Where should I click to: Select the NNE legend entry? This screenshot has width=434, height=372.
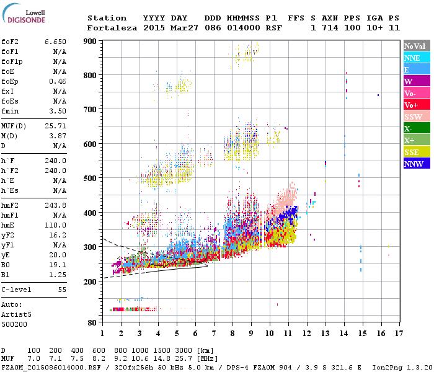point(416,58)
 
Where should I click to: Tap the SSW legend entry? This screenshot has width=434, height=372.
point(416,117)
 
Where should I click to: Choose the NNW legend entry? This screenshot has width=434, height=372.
point(416,164)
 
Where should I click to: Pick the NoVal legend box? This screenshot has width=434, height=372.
point(416,46)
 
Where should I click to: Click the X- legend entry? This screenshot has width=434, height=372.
point(416,128)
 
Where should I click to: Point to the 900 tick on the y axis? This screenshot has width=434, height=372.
point(90,42)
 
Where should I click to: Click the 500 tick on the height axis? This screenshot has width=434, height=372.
point(90,179)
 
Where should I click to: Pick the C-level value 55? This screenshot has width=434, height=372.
point(61,289)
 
